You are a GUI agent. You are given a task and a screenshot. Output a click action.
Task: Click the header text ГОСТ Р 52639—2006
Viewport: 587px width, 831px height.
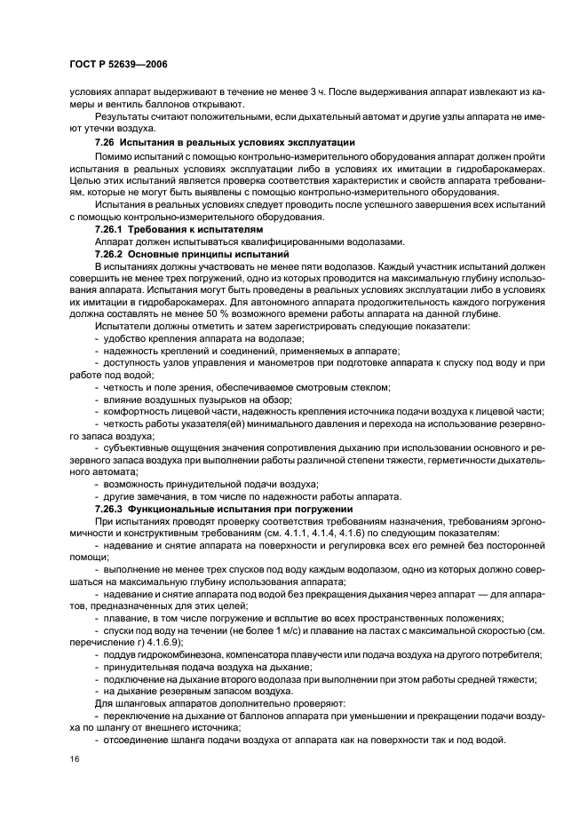pyautogui.click(x=117, y=64)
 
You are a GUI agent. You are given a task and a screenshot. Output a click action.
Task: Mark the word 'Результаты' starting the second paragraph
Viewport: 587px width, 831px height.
pyautogui.click(x=123, y=115)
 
